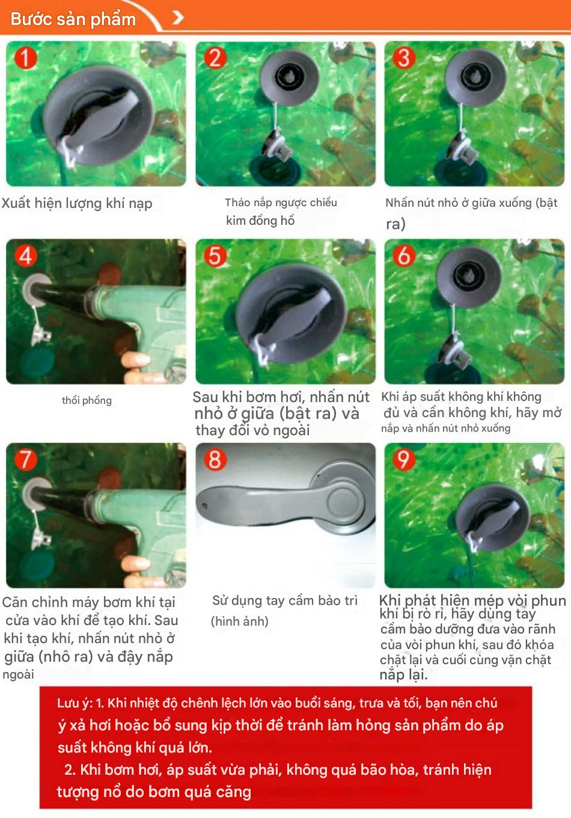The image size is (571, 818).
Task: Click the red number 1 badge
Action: click(x=26, y=58)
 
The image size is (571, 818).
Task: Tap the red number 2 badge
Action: click(x=215, y=58)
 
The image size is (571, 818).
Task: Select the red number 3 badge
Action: click(x=404, y=58)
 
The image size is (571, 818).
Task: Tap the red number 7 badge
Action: click(x=26, y=459)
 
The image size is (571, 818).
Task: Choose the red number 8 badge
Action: click(x=215, y=459)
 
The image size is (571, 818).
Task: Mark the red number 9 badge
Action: click(x=404, y=459)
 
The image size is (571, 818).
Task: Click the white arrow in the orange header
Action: click(x=178, y=17)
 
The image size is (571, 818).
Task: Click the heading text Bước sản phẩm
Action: click(x=73, y=19)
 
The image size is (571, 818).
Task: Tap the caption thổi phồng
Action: click(x=87, y=401)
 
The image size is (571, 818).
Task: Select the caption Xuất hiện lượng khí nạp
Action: click(x=77, y=203)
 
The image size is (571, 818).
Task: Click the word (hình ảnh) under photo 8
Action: click(x=239, y=621)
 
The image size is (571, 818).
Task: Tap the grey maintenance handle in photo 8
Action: click(x=285, y=496)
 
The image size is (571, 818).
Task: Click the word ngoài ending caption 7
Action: click(x=18, y=674)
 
